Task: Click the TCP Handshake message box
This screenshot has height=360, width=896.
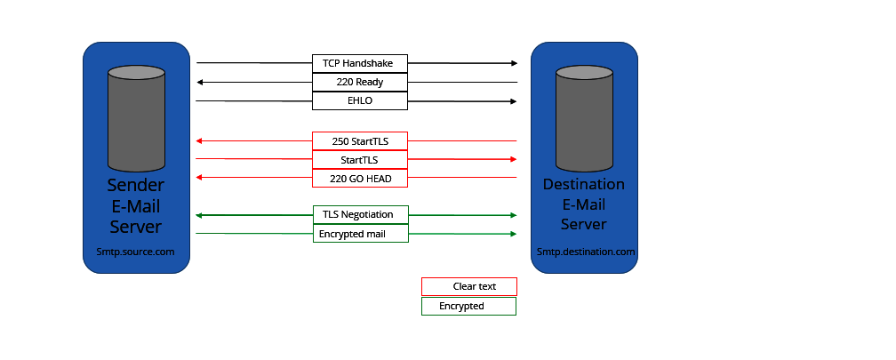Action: click(359, 63)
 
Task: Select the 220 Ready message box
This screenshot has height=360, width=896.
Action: click(359, 82)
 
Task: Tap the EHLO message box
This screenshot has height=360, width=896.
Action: click(359, 100)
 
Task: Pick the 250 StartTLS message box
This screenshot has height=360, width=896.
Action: click(359, 141)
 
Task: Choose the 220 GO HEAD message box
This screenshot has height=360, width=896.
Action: click(359, 179)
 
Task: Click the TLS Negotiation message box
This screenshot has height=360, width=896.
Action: click(359, 215)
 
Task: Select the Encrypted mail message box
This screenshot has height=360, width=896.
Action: click(359, 234)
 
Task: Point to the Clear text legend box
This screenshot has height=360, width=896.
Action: click(468, 286)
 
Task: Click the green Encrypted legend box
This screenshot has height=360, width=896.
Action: click(468, 306)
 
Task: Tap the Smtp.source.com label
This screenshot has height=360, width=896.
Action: click(135, 252)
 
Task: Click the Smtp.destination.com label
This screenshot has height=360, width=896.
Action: click(585, 252)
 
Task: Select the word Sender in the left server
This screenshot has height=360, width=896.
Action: click(135, 185)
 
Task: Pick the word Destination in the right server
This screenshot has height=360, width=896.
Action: click(584, 185)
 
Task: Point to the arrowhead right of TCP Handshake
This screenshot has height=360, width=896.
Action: click(513, 63)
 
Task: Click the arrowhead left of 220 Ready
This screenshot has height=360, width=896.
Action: click(201, 82)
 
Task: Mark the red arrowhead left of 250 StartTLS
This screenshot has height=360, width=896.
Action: click(201, 141)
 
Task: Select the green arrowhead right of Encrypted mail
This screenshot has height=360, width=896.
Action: click(513, 234)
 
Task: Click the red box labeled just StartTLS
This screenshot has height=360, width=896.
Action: click(359, 160)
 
